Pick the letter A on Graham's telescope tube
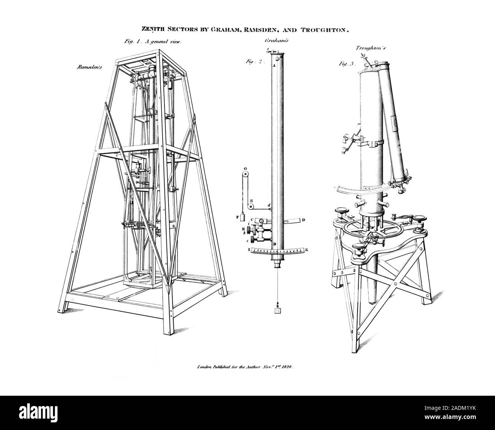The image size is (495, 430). pos(273,66)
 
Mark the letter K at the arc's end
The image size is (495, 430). pos(307,250)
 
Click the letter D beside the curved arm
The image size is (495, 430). pos(303,220)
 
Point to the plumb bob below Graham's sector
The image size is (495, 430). pos(277,311)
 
